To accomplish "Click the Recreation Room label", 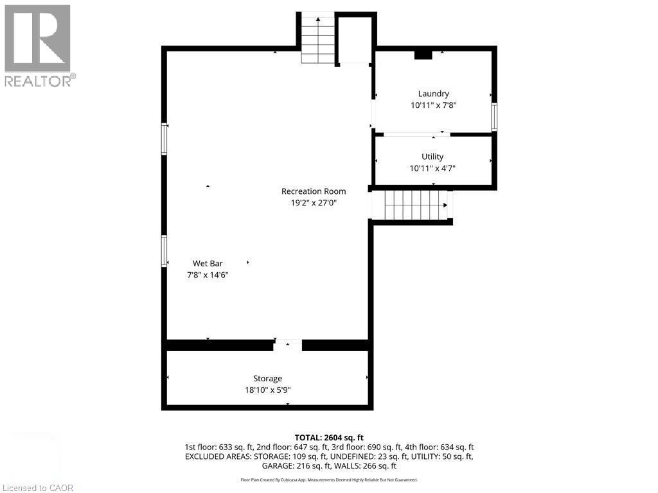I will [x=314, y=191].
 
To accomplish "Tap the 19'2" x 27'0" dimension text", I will [x=314, y=203].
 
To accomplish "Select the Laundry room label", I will [x=433, y=94].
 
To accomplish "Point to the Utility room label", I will [x=432, y=157].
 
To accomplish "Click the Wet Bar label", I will [x=207, y=263].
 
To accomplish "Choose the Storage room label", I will [x=267, y=379].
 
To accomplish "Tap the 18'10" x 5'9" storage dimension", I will [x=267, y=390].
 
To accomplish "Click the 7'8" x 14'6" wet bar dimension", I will [x=207, y=275].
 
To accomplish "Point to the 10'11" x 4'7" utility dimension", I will [x=433, y=169].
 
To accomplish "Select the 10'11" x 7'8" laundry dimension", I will [x=434, y=105].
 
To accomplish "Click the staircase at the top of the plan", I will [x=318, y=39].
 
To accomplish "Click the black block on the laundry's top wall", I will [x=423, y=55].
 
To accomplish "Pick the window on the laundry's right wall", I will [x=494, y=117].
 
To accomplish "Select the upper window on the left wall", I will [x=164, y=139].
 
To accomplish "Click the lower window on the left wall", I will [x=164, y=250].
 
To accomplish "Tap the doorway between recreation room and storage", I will [x=287, y=345].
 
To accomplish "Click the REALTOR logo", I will [x=39, y=45].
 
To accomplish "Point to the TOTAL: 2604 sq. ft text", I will [x=329, y=437].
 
